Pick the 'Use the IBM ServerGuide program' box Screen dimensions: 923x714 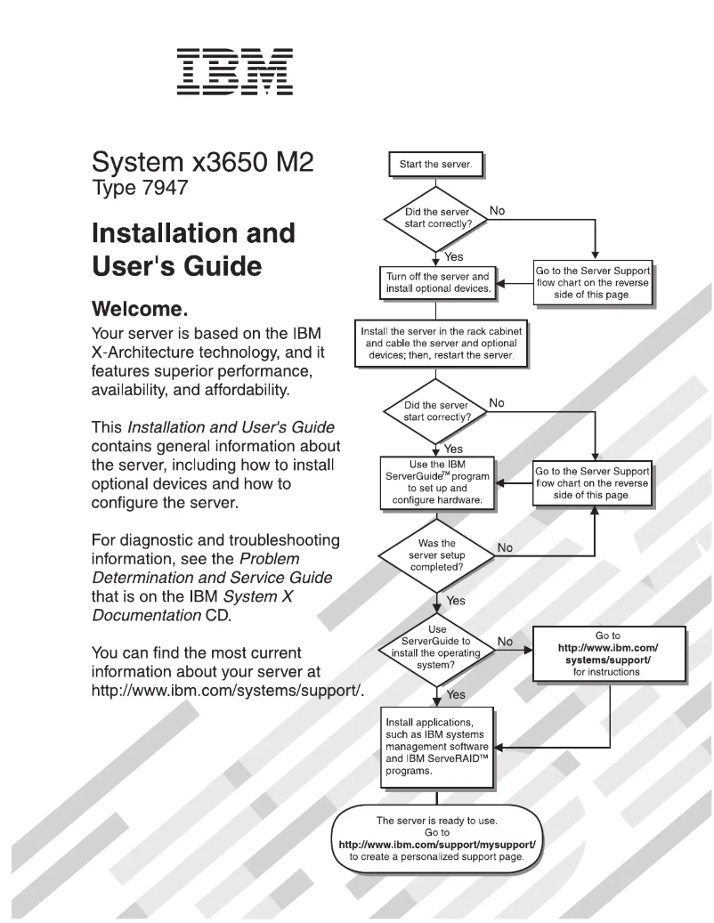(436, 482)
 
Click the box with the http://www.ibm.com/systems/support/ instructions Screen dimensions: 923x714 (610, 655)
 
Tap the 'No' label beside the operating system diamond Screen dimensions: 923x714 (505, 640)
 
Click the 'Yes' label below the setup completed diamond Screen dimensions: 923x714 (455, 601)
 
